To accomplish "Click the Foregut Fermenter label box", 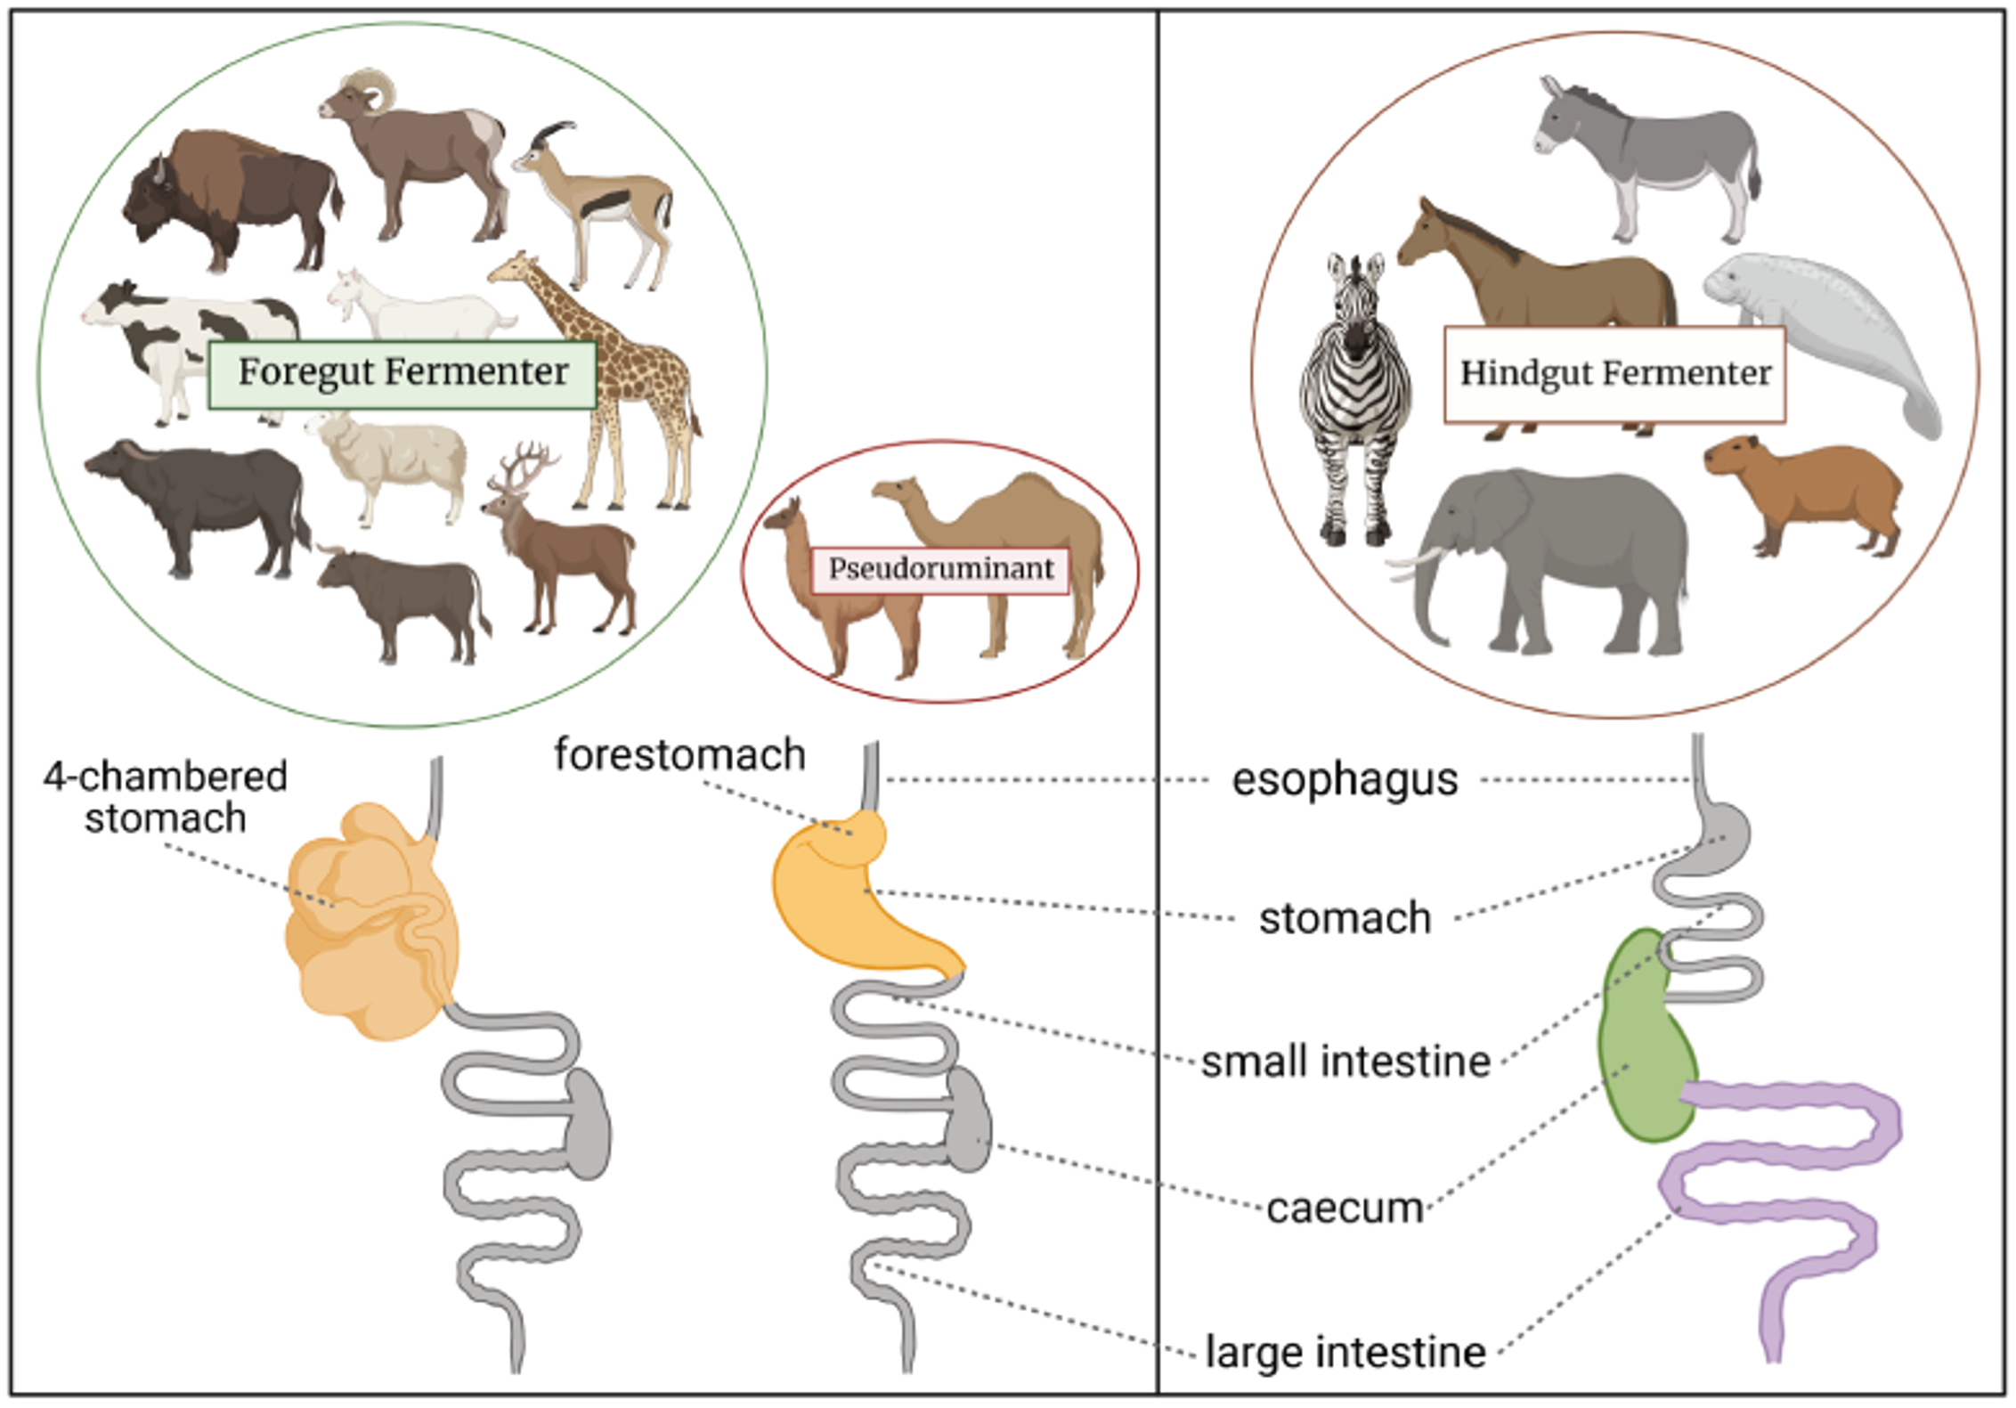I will coord(402,374).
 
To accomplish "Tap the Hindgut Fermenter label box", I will coord(1614,374).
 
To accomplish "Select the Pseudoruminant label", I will coord(940,569).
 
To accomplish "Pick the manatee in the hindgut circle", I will coord(1834,330).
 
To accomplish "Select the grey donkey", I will coord(1647,151).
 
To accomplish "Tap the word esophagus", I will coord(1345,779).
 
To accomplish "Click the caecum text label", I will coord(1345,1209).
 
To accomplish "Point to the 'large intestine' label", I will coord(1345,1351).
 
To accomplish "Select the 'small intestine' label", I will coord(1345,1062).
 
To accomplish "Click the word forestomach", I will coord(680,755).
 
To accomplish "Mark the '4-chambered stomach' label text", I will coord(166,797).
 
